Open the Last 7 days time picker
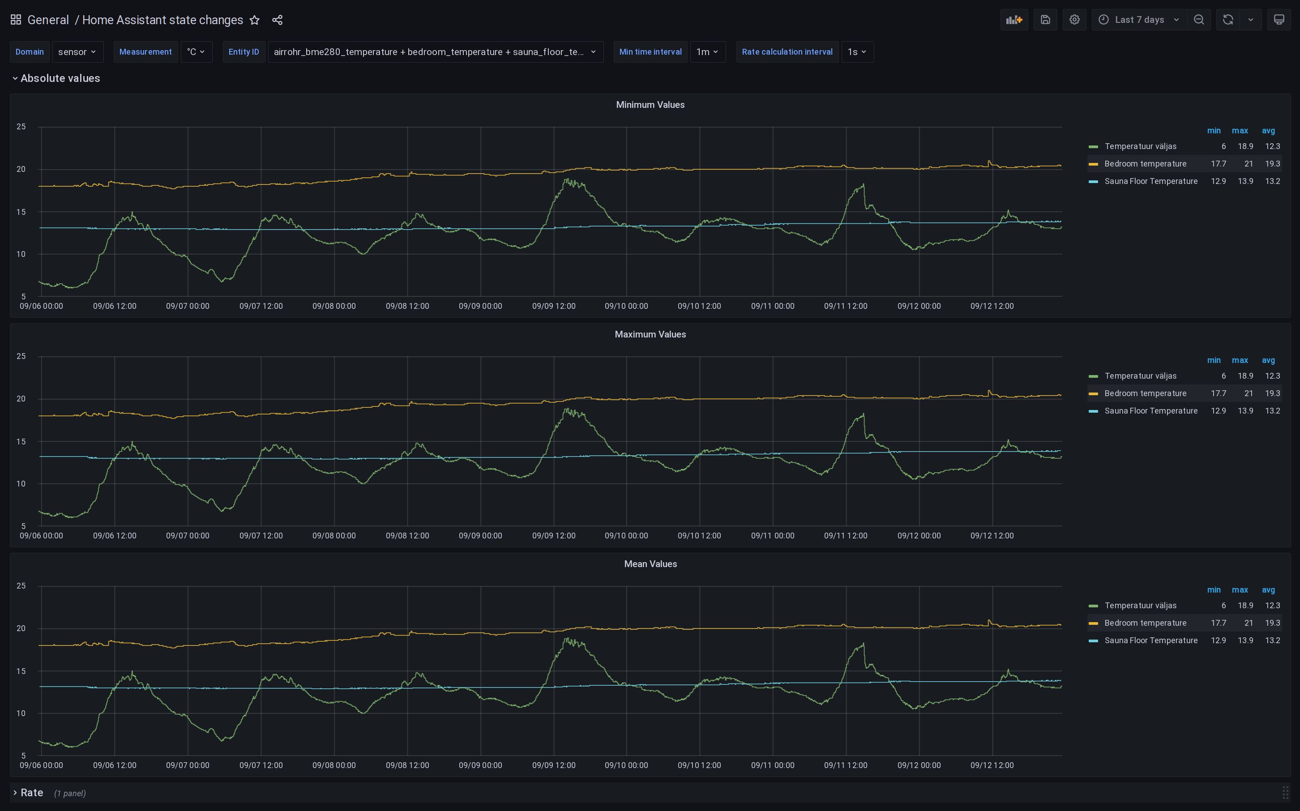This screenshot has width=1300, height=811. pos(1139,20)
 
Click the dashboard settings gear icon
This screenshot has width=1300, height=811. pos(1074,20)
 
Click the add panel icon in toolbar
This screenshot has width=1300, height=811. pos(1014,20)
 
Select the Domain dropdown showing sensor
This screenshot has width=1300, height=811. pos(78,52)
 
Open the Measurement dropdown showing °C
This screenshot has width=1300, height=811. pos(196,52)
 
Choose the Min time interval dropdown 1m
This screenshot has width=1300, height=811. pos(707,52)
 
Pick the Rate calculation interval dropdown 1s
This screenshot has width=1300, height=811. pos(857,52)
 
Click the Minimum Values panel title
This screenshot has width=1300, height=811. pos(650,105)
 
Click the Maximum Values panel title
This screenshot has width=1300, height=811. pos(650,335)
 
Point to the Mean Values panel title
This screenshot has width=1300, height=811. pos(650,564)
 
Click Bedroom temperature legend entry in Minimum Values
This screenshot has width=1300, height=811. pos(1145,164)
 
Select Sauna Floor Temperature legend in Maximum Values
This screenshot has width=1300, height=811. pos(1150,411)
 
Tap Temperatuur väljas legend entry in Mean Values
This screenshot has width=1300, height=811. pos(1140,606)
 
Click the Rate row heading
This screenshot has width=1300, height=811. pos(32,793)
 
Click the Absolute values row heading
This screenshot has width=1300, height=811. pos(60,78)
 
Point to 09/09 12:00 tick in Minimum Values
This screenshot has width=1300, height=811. pos(553,306)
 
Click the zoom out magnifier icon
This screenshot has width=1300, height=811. pos(1199,20)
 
